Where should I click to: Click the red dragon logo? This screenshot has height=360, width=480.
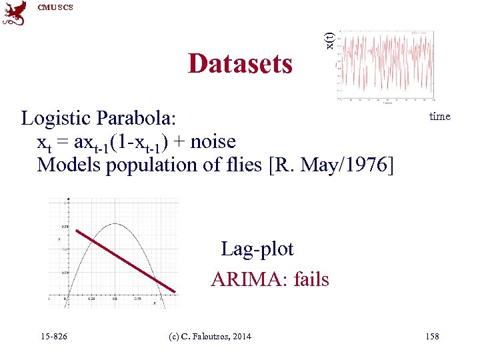click(15, 14)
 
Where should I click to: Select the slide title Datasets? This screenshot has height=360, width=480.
click(240, 64)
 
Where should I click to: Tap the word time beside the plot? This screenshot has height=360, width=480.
click(440, 117)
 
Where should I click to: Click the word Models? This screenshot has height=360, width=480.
click(67, 164)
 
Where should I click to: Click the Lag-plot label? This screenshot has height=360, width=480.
click(257, 249)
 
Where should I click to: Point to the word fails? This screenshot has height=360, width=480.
click(308, 279)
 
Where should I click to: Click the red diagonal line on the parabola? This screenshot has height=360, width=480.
click(125, 261)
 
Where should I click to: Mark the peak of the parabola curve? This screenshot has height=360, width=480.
click(115, 225)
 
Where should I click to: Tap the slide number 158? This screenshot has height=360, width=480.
click(432, 336)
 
